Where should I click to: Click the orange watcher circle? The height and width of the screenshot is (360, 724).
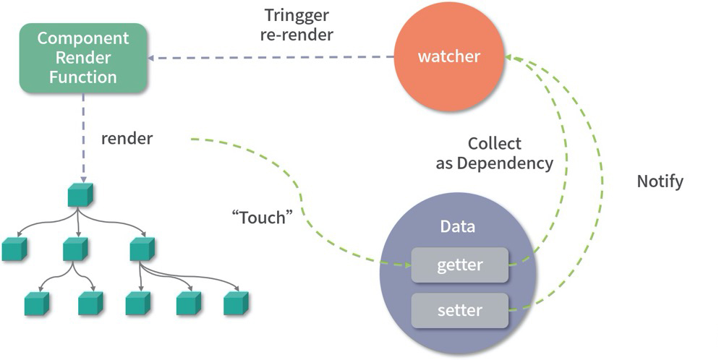pos(448,56)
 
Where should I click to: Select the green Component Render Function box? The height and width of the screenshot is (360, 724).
pos(83,58)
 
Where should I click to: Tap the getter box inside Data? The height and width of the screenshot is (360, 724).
pos(459,265)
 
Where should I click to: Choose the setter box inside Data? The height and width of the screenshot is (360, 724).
pos(459,311)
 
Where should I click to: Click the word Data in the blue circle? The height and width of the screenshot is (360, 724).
pos(458,226)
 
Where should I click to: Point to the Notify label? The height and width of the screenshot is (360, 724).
pos(660,181)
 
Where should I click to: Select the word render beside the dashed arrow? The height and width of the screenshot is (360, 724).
pos(127,138)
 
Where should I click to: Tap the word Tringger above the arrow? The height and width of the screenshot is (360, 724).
pos(297,15)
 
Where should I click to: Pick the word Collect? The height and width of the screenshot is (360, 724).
pos(495,143)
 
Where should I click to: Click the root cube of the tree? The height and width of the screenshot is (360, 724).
pos(80,196)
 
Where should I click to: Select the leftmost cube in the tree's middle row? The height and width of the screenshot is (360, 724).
pos(14,249)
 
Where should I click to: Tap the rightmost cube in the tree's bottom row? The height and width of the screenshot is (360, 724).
pos(236,303)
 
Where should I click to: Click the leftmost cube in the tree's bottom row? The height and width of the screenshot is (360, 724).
pos(36,303)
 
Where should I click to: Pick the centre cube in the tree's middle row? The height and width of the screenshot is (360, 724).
pos(75,249)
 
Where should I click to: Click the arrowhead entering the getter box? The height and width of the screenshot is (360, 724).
pos(406,265)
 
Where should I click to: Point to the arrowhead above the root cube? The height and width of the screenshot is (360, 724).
pos(82,179)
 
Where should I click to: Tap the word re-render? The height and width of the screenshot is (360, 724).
pos(297,35)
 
